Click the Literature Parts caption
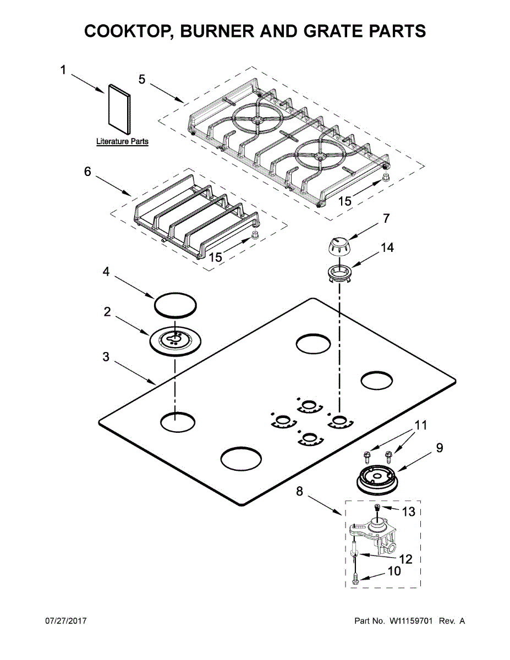pos(122,141)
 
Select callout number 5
pos(142,79)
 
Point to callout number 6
pos(87,172)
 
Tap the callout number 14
pos(387,248)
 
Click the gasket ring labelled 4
pos(175,304)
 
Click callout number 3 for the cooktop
pos(106,356)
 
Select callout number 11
pos(421,425)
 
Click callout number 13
pos(408,512)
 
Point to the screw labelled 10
pos(355,578)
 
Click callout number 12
pos(405,559)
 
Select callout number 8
pos(299,491)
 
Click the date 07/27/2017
pos(65,621)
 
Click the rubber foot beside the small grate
pos(255,235)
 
